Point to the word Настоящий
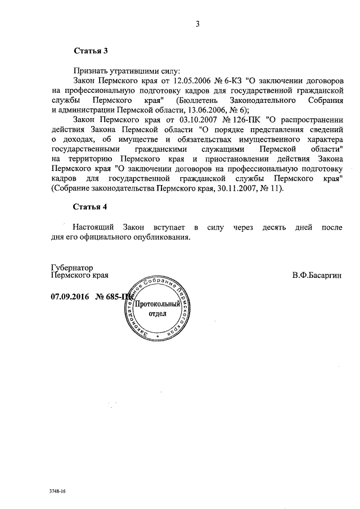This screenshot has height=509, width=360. [93, 227]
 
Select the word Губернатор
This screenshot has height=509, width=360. [72, 267]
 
